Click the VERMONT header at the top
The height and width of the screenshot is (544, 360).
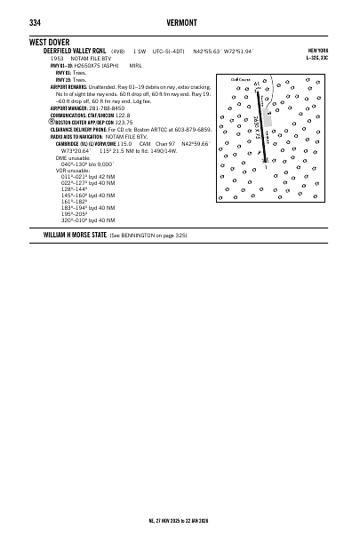(180, 22)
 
